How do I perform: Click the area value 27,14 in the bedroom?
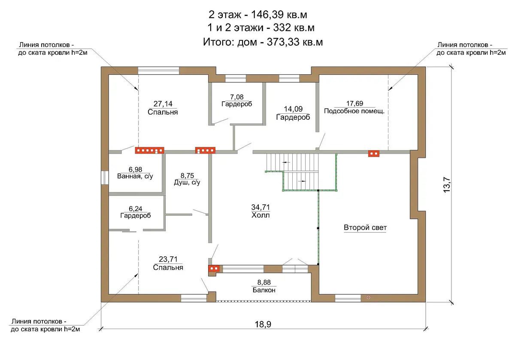pos(163,104)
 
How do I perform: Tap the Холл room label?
pos(261,215)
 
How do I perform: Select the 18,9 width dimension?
pos(263,324)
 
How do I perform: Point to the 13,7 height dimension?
pos(446,185)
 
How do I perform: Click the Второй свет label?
pos(365,227)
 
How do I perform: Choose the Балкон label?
pos(264,290)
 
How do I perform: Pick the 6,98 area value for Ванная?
pos(136,169)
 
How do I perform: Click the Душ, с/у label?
pos(187,182)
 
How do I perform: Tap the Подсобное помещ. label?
pos(354,111)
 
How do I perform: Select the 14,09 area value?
pos(293,109)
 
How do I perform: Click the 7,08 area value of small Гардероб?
pos(237,97)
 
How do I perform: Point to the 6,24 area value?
pos(136,209)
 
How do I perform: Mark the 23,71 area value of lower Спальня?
pos(168,259)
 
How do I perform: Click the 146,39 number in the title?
pos(267,15)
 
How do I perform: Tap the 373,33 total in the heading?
pos(283,42)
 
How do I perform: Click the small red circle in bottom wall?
pos(369,298)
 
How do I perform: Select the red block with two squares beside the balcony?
pos(214,268)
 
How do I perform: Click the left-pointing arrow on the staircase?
pos(286,162)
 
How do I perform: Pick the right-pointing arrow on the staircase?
pos(302,181)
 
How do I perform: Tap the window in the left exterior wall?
pos(105,178)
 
